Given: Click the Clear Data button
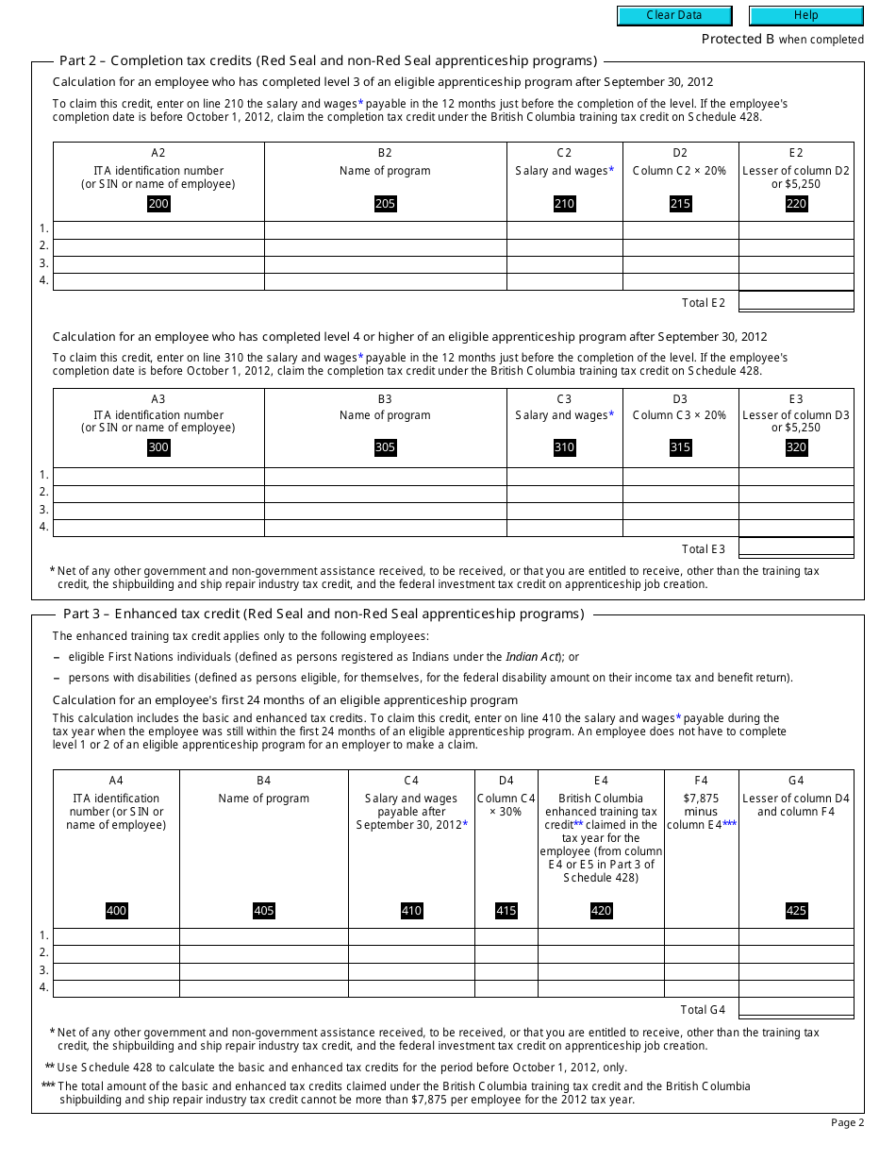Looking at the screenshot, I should (x=674, y=15).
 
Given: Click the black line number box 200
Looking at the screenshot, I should (x=158, y=204).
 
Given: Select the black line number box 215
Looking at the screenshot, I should (x=680, y=204).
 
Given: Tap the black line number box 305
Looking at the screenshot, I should (x=385, y=447).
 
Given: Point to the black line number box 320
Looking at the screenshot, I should (x=796, y=447).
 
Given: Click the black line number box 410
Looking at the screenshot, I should (x=411, y=911).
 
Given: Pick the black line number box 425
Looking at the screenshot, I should (x=796, y=911).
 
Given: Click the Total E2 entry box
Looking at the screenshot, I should (x=796, y=302).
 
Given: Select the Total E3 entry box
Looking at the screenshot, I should (x=796, y=548).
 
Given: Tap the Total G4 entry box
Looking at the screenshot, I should (x=796, y=1009).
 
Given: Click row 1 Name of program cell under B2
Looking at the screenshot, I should (x=385, y=229).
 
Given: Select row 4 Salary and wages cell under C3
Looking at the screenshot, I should (x=564, y=527).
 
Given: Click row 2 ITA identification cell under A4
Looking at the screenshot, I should (x=116, y=953).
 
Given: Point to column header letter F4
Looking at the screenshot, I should (x=701, y=781).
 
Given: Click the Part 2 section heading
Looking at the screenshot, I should (x=328, y=60).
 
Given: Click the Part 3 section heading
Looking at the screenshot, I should (x=322, y=614).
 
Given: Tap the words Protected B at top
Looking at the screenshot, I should (x=731, y=39).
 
